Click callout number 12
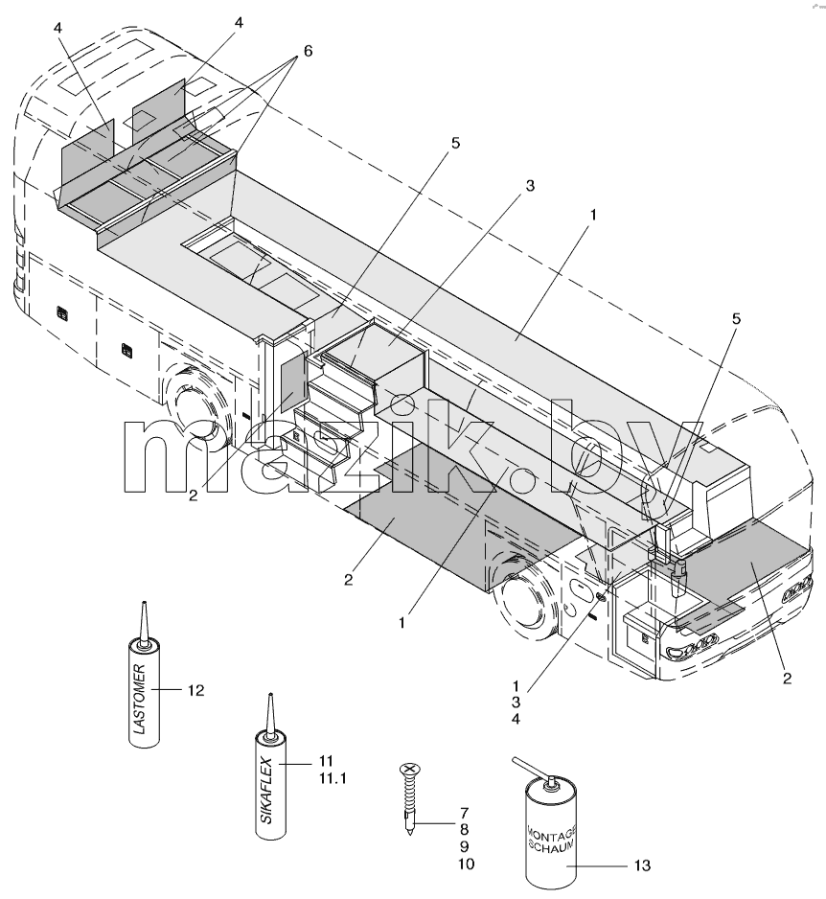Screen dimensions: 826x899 [x=196, y=690]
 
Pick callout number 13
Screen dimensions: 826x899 [x=643, y=865]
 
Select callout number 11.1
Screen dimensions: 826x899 [x=333, y=778]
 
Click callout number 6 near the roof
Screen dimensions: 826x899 [x=308, y=51]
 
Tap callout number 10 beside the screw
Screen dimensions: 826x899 [x=467, y=864]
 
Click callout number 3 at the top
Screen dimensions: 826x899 [x=530, y=186]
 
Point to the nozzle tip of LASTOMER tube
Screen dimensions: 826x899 [x=144, y=603]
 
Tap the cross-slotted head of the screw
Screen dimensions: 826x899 [x=409, y=769]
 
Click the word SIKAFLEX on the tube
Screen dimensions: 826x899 [x=267, y=792]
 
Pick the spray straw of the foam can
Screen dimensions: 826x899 [x=530, y=768]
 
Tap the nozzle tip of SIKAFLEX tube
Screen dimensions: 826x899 [x=270, y=696]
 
